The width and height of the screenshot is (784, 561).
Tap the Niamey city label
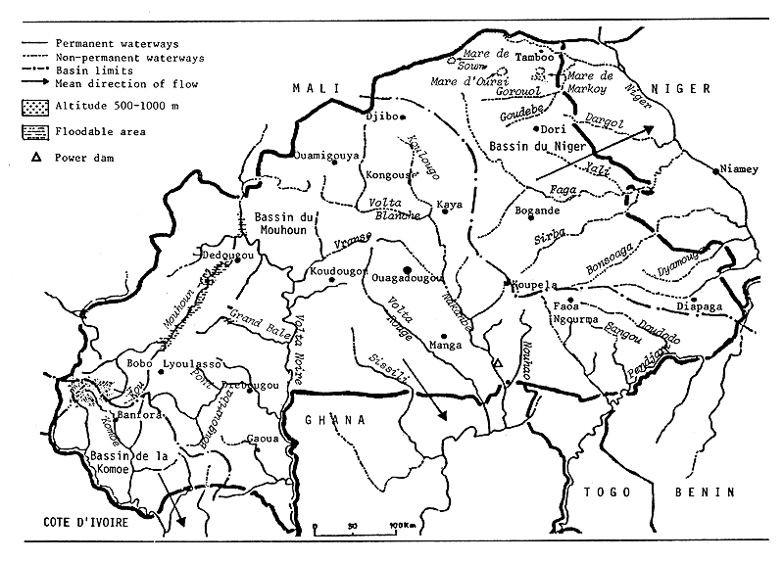739,169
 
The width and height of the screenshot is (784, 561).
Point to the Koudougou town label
338,269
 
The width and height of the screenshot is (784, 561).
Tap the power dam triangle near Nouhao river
497,363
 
